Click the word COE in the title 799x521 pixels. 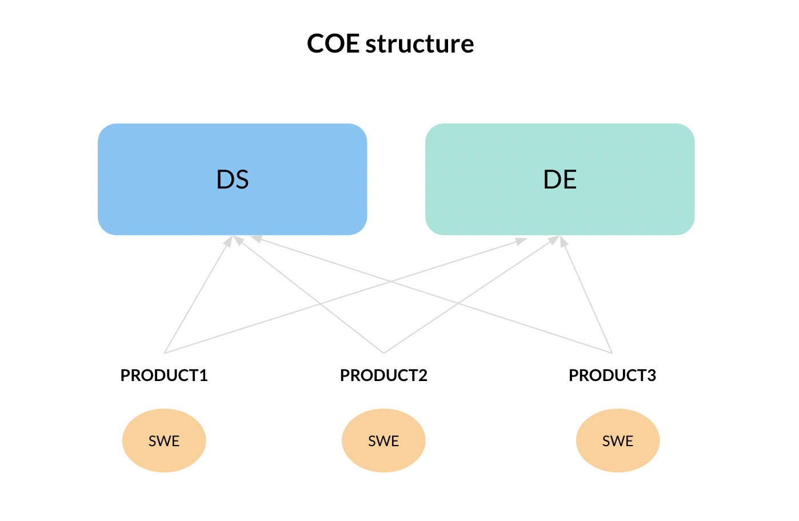[333, 43]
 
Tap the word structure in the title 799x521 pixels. [420, 44]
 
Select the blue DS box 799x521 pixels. [233, 179]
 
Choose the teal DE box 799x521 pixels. [560, 179]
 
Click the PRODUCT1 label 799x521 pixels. [164, 375]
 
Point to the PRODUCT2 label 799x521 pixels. [384, 375]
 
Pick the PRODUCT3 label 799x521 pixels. [613, 375]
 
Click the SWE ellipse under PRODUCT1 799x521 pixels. [164, 440]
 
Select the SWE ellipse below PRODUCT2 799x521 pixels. [384, 440]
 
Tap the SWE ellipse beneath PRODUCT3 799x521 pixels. [618, 440]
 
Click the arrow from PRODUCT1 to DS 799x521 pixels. [198, 295]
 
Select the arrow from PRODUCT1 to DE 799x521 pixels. [346, 295]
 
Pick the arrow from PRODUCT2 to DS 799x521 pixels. [308, 295]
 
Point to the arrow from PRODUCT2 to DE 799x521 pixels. [472, 295]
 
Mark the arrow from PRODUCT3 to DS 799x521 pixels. [432, 294]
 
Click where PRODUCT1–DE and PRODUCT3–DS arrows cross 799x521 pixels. [391, 282]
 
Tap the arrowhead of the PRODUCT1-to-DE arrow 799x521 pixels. [521, 242]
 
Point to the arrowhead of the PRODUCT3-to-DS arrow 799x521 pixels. [256, 239]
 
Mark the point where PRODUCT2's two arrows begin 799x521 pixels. [384, 353]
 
